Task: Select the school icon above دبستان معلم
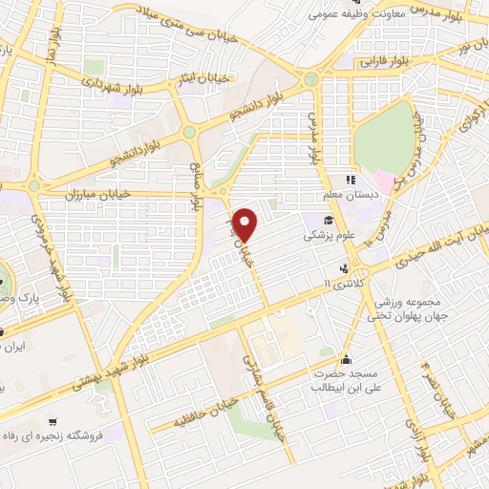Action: pos(350,180)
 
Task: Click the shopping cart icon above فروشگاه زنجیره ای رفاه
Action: pos(54,421)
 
